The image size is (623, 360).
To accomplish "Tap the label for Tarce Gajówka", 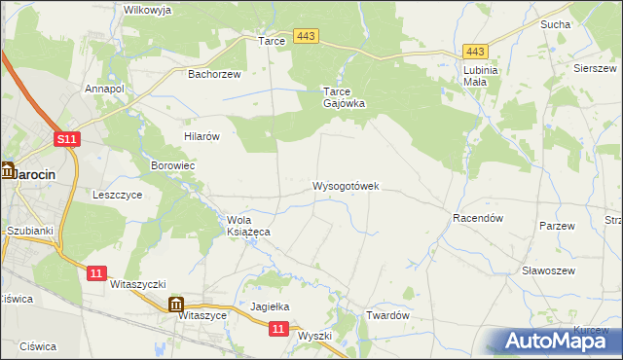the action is (344, 98).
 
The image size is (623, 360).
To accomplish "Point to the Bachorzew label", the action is (213, 73).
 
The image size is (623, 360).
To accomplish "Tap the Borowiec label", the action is (173, 166).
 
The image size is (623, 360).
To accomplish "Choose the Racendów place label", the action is (477, 219).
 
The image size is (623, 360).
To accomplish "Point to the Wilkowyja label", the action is (148, 10).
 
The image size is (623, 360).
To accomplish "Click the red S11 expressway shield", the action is (66, 141).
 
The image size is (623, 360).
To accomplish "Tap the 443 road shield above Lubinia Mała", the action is (475, 52).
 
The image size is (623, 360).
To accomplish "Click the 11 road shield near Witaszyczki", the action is (95, 273).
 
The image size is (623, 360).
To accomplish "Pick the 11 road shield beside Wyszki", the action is (278, 330).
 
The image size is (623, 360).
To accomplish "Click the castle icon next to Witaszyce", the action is (176, 305).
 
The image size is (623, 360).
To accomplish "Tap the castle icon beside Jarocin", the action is (7, 171).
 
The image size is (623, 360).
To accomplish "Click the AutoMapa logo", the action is (559, 341).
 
